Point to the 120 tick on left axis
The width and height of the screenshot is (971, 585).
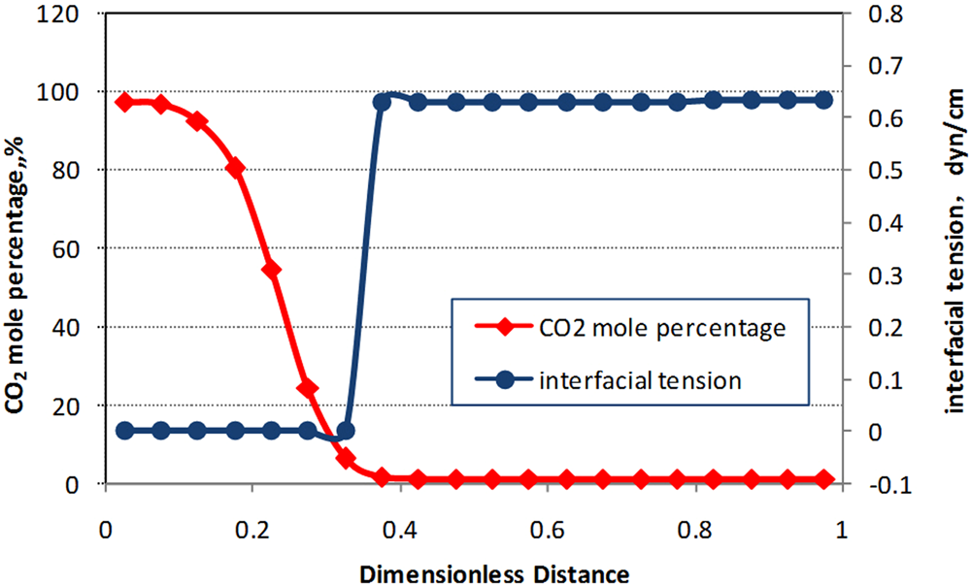click(77, 13)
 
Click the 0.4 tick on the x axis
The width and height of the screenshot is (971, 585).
click(400, 532)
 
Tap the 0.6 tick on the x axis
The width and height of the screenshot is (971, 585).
click(548, 532)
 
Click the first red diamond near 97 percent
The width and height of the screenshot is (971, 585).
click(123, 102)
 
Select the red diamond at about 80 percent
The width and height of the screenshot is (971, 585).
click(235, 168)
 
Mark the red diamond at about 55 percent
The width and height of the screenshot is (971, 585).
click(272, 270)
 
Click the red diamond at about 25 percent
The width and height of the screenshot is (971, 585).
click(308, 388)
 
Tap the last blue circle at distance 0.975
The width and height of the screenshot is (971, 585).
click(824, 100)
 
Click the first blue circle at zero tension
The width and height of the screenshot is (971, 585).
click(123, 431)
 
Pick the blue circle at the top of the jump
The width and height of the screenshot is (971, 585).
click(382, 102)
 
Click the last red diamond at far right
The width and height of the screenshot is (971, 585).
click(824, 479)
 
